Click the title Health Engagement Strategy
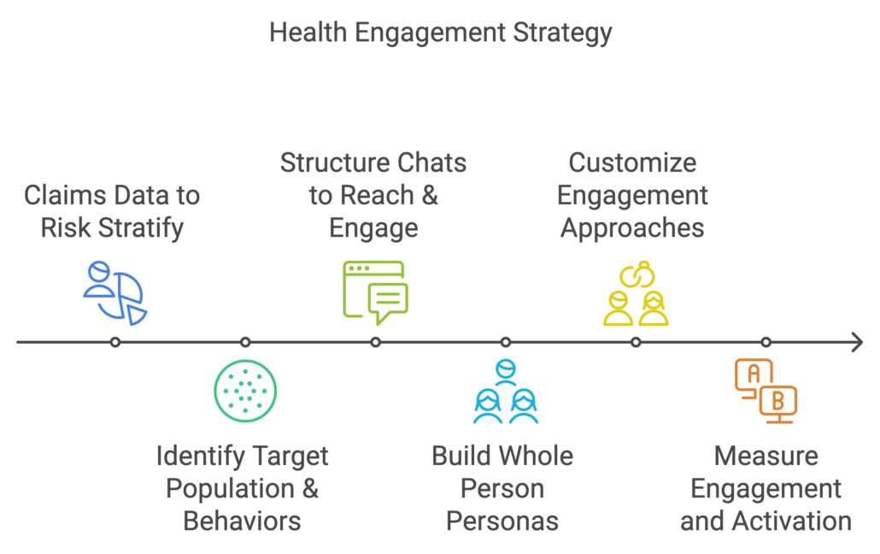440,33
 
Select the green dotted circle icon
245,391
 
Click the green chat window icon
375,292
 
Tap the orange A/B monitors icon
766,390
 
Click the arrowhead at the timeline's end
857,342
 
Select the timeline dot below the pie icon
115,342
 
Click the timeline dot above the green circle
245,342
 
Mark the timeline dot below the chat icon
375,342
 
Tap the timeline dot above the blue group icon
506,342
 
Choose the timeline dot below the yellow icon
636,342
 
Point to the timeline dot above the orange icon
766,342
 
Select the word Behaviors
242,521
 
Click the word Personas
502,521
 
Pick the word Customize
632,162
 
